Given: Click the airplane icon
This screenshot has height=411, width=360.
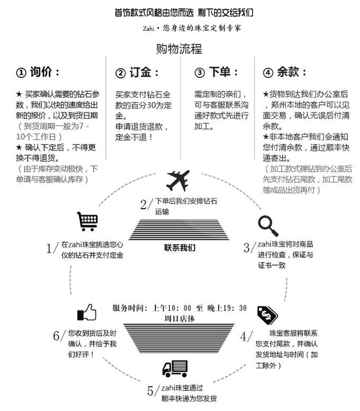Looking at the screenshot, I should tap(177, 181).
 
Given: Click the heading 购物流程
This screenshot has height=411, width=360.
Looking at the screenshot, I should tap(179, 50).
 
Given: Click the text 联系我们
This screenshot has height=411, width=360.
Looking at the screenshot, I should tap(179, 247).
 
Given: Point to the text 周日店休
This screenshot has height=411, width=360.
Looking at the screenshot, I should tap(179, 319).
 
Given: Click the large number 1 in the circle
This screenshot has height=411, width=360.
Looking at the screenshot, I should tap(51, 249).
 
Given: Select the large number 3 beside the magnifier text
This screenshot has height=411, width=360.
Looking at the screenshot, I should tap(247, 247).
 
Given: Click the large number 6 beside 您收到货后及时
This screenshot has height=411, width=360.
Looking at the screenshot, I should tap(57, 336).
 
